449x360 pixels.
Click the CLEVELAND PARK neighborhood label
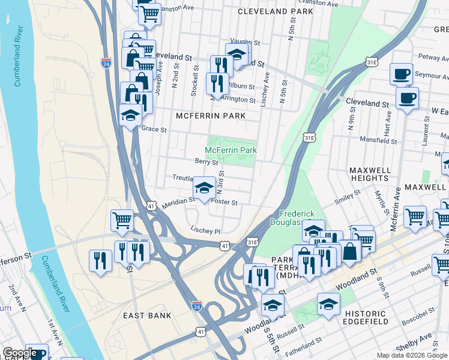coord(275,11)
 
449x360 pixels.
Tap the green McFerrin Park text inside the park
coord(231,149)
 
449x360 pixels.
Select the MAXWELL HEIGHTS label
coord(370,174)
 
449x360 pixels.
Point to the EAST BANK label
coord(147,315)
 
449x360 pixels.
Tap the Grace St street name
coord(154,129)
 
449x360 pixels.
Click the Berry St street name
coord(206,161)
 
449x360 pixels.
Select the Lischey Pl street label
coord(205,230)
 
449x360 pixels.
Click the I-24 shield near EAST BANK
coord(196,305)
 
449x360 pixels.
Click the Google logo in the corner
coord(20,353)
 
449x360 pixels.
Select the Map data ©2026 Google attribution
coord(412,355)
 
